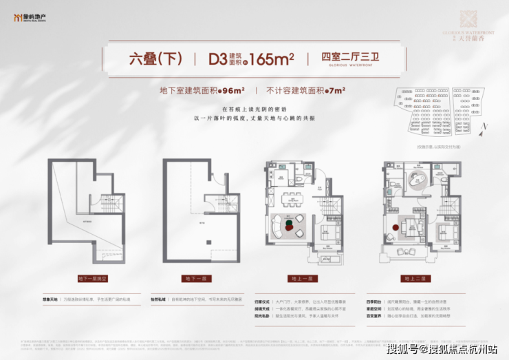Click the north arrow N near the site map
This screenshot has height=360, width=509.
485,126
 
